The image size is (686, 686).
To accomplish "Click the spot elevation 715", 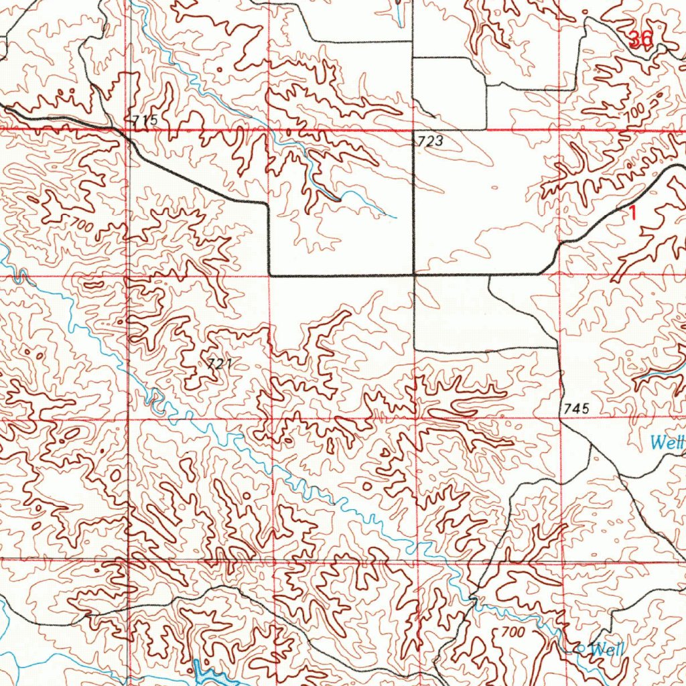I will (145, 121).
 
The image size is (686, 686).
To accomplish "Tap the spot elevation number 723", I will (430, 141).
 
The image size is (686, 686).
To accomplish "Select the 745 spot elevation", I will (576, 407).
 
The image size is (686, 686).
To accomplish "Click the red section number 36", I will (640, 40).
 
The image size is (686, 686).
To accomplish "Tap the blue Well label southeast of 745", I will (667, 442).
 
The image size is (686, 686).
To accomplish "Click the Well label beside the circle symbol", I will (608, 648).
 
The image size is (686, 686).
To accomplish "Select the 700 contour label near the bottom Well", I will (512, 632).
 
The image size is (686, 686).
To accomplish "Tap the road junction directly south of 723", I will (413, 275).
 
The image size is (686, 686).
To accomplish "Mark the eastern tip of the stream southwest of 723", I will (396, 217).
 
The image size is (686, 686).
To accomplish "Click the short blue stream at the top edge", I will (400, 13).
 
